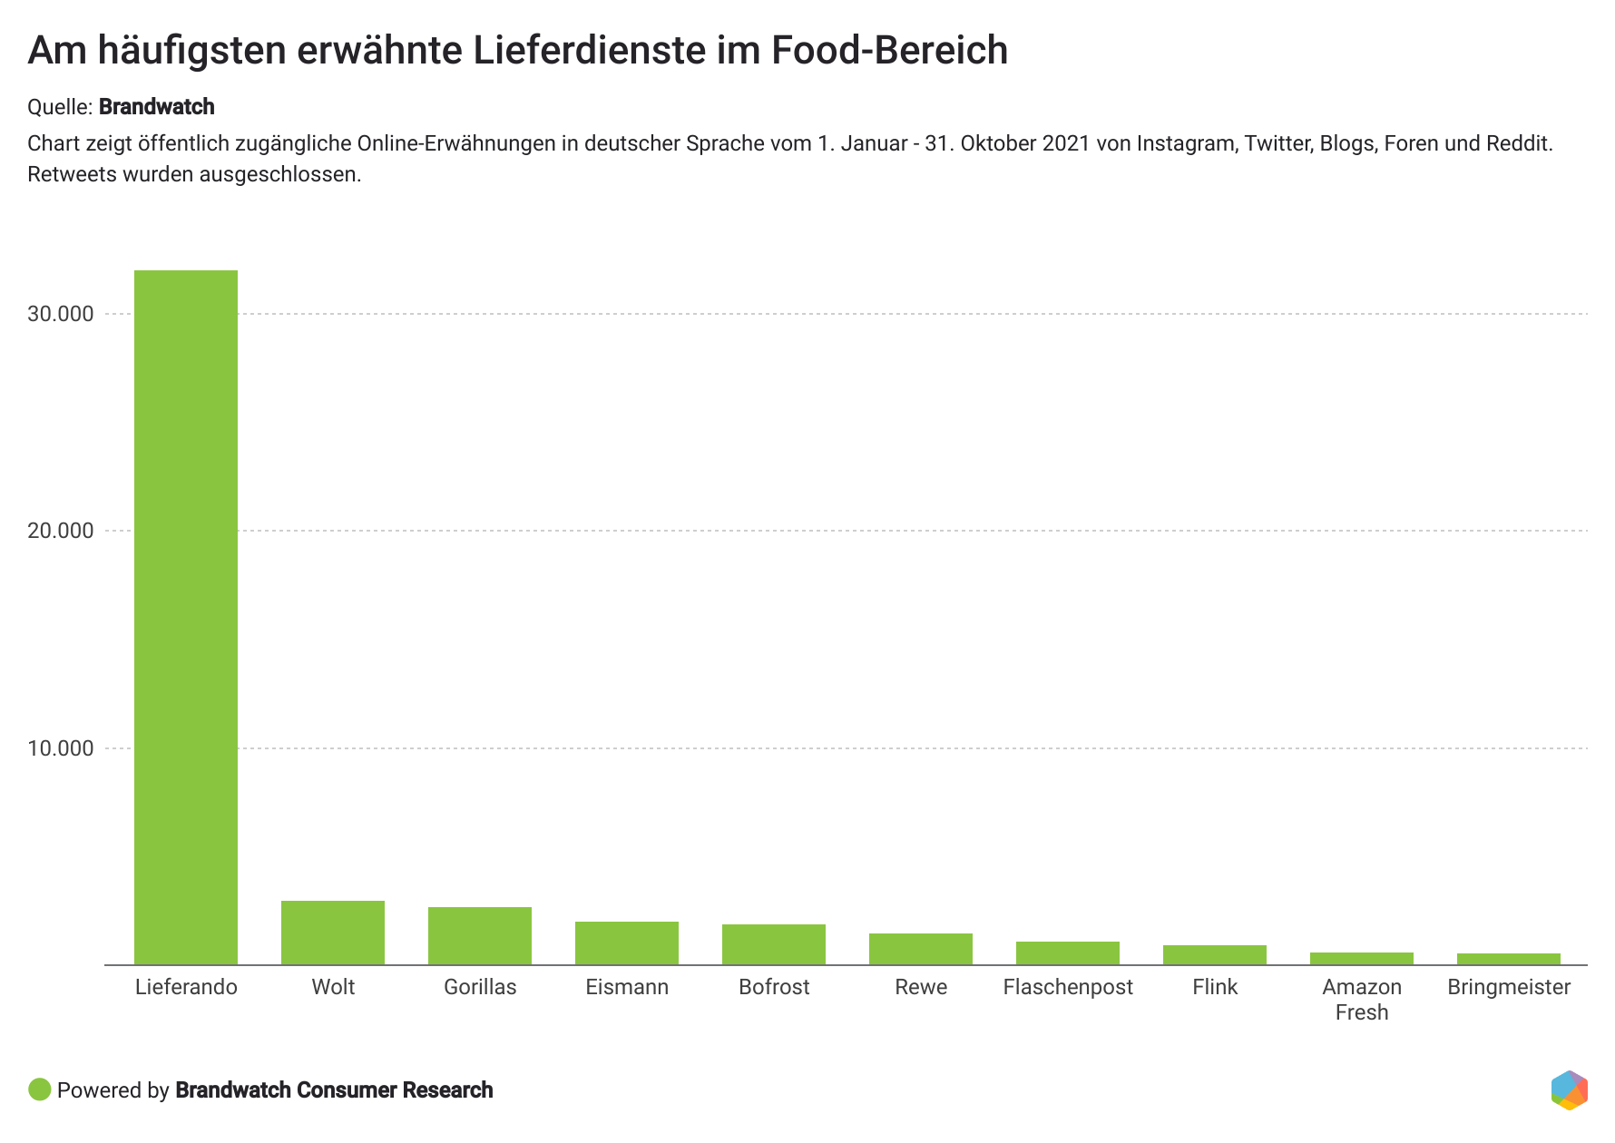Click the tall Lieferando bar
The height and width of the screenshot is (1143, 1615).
pos(186,617)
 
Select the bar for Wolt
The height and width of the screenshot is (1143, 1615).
pos(333,933)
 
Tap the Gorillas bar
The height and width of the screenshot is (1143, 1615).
pos(480,935)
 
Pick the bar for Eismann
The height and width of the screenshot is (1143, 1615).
pos(627,943)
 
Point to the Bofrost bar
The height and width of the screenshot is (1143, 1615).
pos(774,944)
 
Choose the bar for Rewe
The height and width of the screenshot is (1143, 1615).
pos(921,949)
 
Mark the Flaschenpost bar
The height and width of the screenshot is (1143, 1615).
pos(1068,953)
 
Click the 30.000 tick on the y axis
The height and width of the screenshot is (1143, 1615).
pos(61,314)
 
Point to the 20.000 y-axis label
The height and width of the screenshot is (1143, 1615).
pos(61,531)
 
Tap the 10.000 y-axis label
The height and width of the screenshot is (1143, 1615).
pos(61,748)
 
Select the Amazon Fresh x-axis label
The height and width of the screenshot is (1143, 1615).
pos(1362,999)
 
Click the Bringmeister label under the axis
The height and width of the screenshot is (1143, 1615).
pos(1509,987)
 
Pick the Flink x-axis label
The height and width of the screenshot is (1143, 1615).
pos(1215,987)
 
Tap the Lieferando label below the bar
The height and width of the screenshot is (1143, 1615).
pos(186,987)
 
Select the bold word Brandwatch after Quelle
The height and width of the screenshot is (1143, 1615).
pos(157,107)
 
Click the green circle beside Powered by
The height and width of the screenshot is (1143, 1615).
pos(40,1089)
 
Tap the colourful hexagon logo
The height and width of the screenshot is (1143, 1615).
pos(1569,1089)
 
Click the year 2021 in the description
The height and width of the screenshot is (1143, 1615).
pos(1065,143)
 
